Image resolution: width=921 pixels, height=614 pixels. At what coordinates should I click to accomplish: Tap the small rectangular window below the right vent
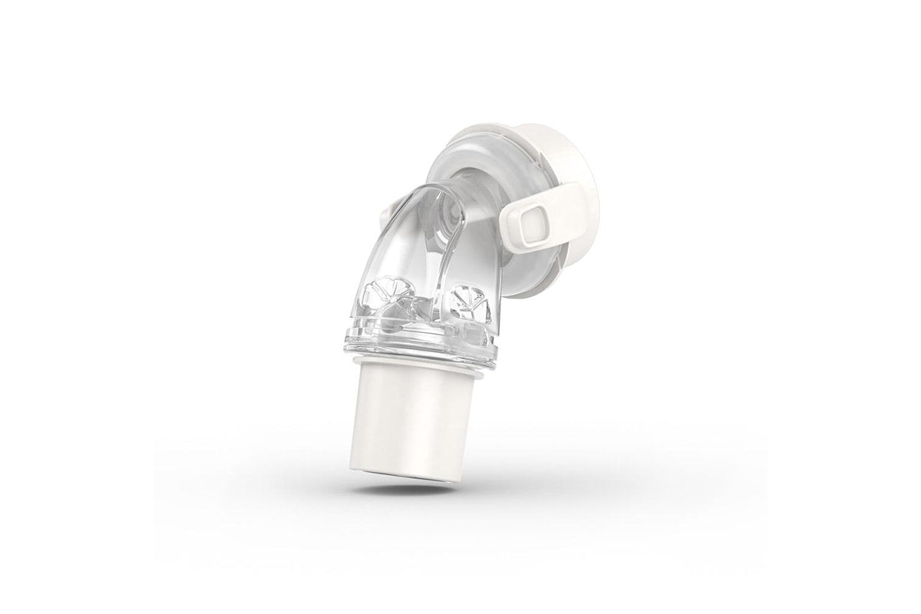(x=466, y=329)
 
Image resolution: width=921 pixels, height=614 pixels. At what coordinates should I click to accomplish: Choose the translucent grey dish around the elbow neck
(x=491, y=253)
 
